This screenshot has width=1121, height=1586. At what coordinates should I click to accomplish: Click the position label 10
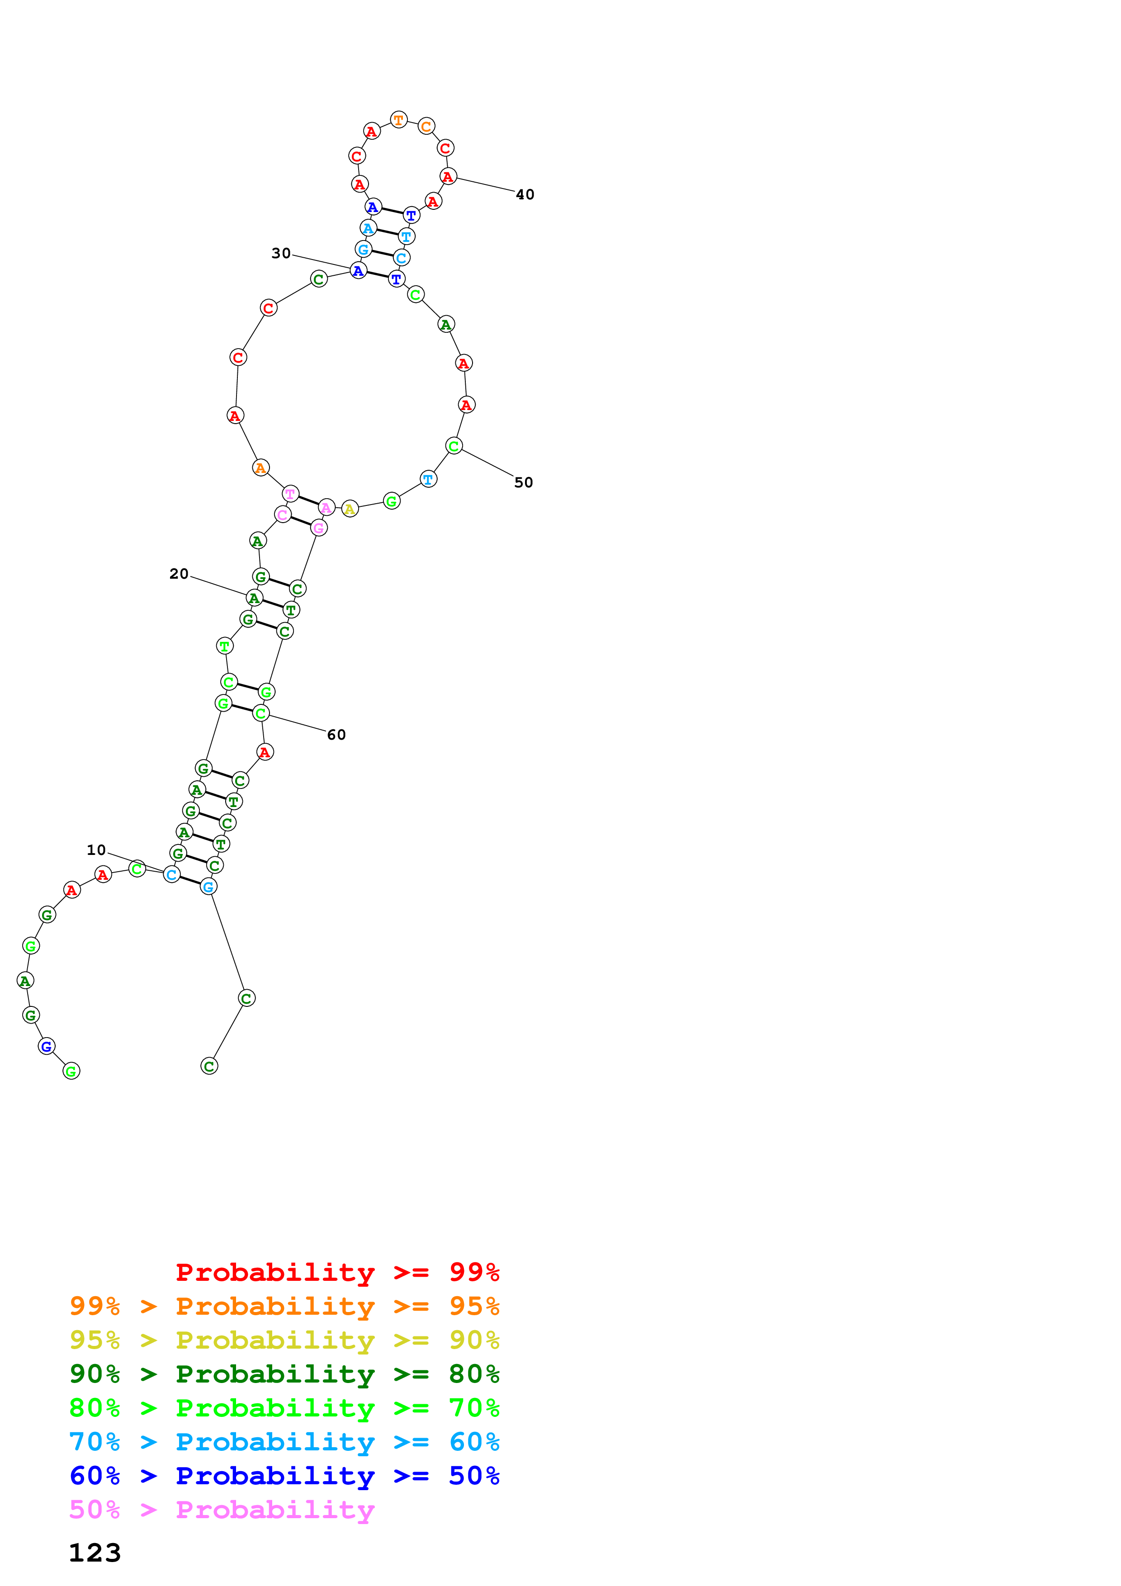pyautogui.click(x=96, y=850)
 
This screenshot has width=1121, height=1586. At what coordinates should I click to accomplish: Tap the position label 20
pyautogui.click(x=179, y=574)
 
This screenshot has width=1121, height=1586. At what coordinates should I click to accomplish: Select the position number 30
pyautogui.click(x=281, y=254)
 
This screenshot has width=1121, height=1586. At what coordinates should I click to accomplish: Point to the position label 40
pyautogui.click(x=525, y=195)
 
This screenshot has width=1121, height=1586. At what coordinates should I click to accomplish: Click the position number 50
pyautogui.click(x=524, y=483)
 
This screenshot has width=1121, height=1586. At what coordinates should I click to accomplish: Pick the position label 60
pyautogui.click(x=336, y=735)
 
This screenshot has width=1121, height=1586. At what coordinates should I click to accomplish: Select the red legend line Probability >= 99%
pyautogui.click(x=337, y=1272)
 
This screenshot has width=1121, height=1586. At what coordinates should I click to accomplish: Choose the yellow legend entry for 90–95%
pyautogui.click(x=284, y=1340)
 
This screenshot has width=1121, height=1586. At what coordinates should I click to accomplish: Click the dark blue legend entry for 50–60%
pyautogui.click(x=284, y=1476)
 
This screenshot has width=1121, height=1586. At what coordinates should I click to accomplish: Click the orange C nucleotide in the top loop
pyautogui.click(x=426, y=127)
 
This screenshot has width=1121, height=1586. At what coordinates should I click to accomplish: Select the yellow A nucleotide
pyautogui.click(x=350, y=509)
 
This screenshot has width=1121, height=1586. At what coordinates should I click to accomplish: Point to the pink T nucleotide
pyautogui.click(x=291, y=494)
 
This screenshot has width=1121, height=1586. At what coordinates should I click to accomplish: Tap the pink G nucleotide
pyautogui.click(x=318, y=529)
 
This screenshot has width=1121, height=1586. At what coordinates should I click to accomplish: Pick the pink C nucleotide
pyautogui.click(x=283, y=515)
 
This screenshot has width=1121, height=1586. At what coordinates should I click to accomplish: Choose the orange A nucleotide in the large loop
pyautogui.click(x=260, y=468)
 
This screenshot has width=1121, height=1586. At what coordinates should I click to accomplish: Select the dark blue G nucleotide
pyautogui.click(x=46, y=1047)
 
